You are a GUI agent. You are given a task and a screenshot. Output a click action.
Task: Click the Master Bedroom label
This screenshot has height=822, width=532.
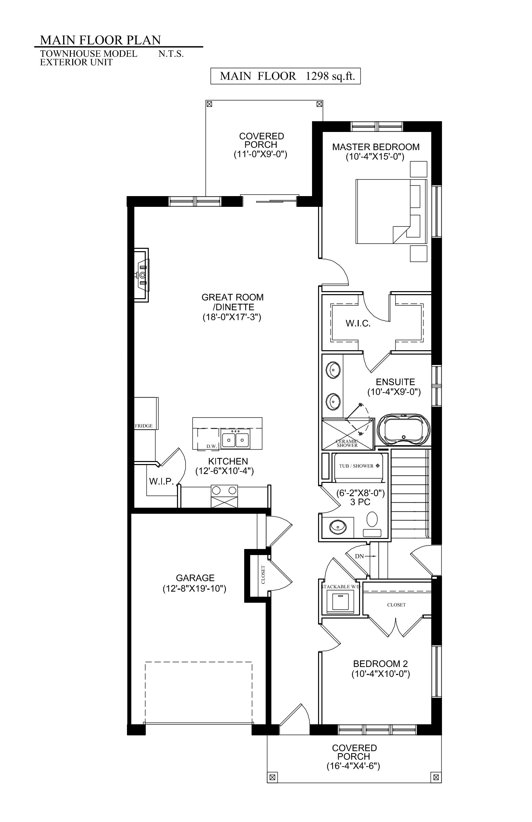(x=376, y=147)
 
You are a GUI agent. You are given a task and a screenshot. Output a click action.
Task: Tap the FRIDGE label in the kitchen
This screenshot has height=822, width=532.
(x=144, y=426)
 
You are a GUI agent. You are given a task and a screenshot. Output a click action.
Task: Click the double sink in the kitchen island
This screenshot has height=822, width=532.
(x=235, y=440)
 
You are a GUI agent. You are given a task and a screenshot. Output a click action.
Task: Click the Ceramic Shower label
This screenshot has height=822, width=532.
(x=347, y=443)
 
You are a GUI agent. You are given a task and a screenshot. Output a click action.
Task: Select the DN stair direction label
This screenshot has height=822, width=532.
(x=359, y=556)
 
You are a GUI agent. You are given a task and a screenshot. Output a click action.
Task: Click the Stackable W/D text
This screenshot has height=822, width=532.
(x=341, y=587)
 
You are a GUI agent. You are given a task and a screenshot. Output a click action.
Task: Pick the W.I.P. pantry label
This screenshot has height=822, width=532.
(x=161, y=482)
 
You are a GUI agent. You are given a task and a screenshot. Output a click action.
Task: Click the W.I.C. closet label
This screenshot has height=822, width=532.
(x=358, y=324)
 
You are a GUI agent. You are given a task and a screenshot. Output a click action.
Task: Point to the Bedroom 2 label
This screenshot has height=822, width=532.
(x=380, y=664)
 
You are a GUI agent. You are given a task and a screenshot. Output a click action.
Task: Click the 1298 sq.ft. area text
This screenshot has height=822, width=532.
(x=330, y=76)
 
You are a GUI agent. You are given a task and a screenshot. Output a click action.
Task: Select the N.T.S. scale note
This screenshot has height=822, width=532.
(x=171, y=54)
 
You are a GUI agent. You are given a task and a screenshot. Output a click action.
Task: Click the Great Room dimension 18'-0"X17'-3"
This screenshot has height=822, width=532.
(x=232, y=317)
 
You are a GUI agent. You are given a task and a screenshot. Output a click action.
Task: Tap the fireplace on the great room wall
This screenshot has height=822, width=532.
(x=141, y=275)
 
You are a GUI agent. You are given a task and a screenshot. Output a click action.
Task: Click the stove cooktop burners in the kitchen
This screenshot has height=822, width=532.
(x=225, y=491)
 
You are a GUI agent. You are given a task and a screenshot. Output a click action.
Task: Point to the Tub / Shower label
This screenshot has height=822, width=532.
(x=356, y=466)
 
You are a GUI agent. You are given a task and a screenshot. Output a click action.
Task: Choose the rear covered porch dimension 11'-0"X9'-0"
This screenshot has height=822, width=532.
(x=261, y=154)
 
